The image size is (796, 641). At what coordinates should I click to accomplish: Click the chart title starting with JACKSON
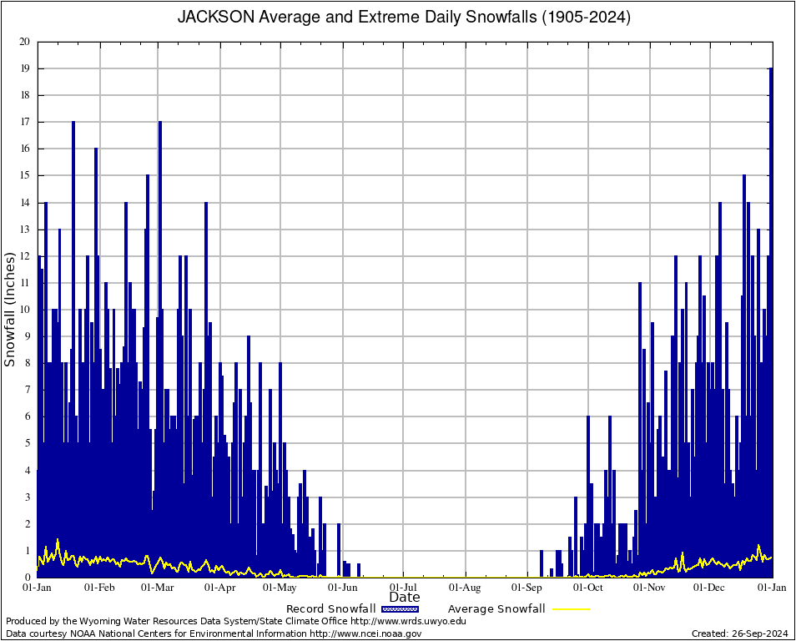coord(404,17)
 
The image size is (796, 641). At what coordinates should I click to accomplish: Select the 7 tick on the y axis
coord(27,390)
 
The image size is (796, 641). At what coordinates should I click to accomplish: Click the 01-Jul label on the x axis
coord(404,588)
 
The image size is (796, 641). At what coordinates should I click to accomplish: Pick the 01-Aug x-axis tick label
coord(466,588)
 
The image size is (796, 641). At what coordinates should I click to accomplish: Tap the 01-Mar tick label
coord(157,588)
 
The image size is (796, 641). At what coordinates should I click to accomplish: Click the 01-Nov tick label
coord(649,588)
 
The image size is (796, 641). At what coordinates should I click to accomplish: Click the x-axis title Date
coord(405,597)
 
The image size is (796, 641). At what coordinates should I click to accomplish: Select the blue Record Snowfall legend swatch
coord(401,608)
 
